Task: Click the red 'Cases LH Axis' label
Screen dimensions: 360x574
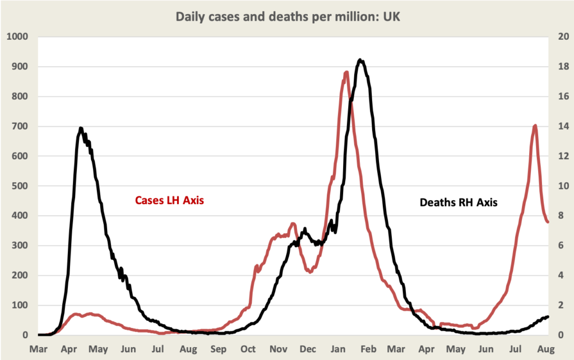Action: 169,200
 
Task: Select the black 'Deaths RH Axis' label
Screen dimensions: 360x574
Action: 459,202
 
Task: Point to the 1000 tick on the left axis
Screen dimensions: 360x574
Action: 17,37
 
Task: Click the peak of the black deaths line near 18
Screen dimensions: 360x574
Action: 360,60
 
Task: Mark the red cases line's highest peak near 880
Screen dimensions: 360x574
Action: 346,72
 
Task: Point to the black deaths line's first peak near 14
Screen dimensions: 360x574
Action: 81,128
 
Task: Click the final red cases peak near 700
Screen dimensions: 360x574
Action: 535,126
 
